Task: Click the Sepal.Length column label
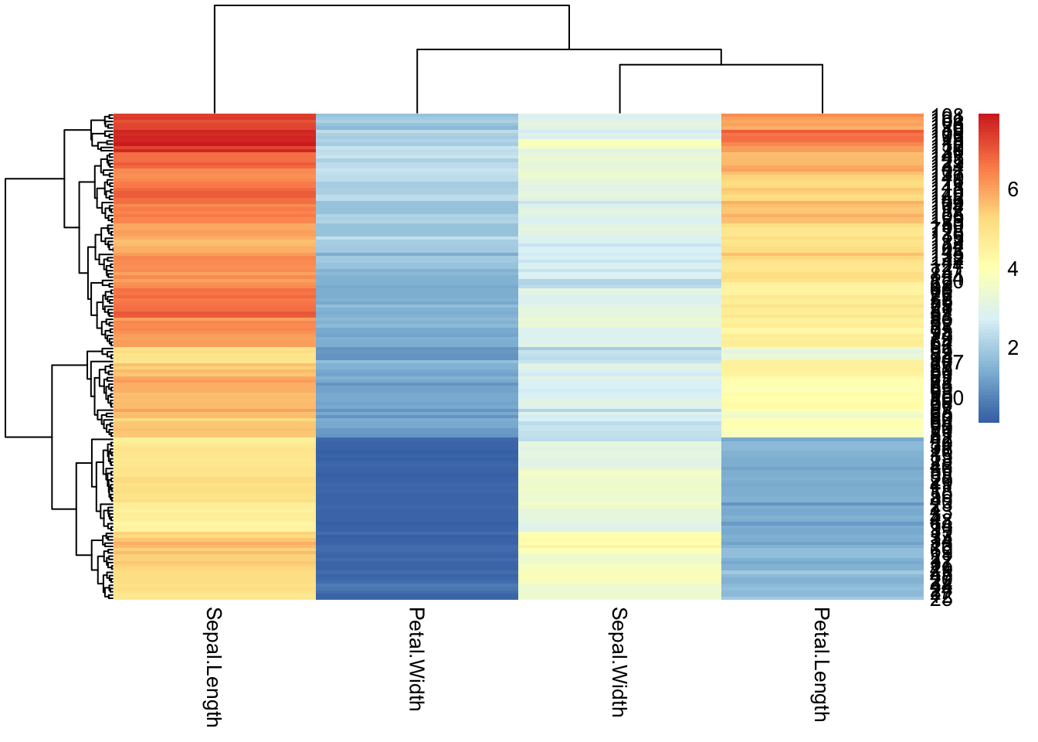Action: [213, 666]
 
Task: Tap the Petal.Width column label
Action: [416, 659]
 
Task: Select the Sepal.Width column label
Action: [619, 662]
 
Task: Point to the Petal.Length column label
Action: [822, 664]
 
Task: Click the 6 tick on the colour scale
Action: [1013, 190]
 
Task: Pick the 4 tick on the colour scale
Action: [1013, 269]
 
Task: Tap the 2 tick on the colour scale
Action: [1013, 348]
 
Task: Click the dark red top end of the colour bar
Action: [989, 117]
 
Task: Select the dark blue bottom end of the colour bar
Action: [989, 418]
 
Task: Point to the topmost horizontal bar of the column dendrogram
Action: [392, 6]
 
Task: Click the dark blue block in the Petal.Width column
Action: [417, 495]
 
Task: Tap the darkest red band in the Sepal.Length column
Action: [215, 143]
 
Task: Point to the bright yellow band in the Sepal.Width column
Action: [619, 537]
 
